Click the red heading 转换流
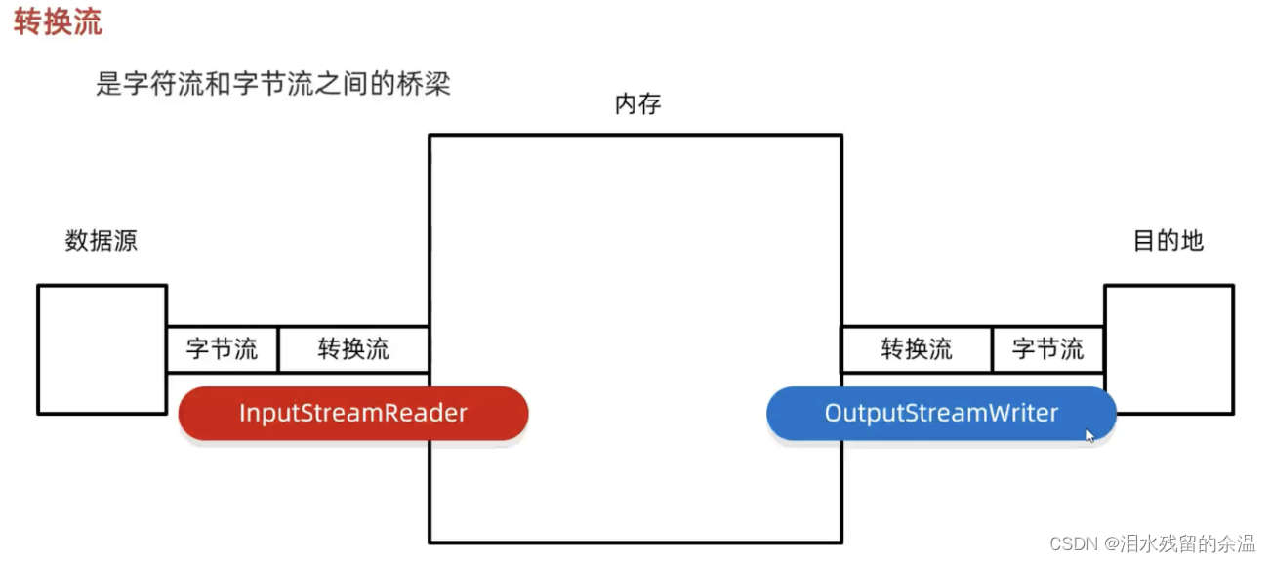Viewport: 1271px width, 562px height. (x=58, y=22)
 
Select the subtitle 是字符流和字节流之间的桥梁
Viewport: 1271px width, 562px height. (x=273, y=84)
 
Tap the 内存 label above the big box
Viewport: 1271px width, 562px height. (x=637, y=104)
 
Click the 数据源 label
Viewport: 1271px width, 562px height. (x=102, y=241)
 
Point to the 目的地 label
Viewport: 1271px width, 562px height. (x=1168, y=241)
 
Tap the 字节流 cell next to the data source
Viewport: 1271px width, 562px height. (x=222, y=349)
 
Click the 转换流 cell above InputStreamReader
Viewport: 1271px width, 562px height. (x=353, y=349)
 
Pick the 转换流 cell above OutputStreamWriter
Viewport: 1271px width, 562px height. (x=917, y=349)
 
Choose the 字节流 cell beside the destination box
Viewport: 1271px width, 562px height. (x=1047, y=349)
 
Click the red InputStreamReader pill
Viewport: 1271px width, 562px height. (x=353, y=414)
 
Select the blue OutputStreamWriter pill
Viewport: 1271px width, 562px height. (x=941, y=414)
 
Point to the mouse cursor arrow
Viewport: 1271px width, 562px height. (x=1090, y=435)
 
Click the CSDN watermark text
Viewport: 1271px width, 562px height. (x=1071, y=543)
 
